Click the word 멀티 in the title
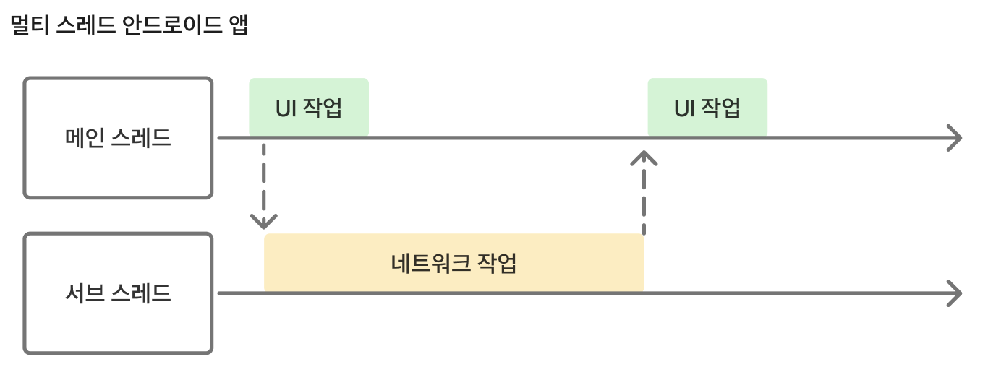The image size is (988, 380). pos(27,27)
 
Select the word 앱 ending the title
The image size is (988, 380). pos(238,27)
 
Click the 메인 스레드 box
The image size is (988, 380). pos(118,137)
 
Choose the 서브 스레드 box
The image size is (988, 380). pos(118,293)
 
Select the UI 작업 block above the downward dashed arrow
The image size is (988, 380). pos(309,108)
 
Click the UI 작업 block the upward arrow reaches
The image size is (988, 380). pos(707,108)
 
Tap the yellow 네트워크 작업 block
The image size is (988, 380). pos(453,263)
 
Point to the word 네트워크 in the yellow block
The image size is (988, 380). pos(429,263)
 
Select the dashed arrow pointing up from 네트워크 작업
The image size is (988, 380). pos(643,191)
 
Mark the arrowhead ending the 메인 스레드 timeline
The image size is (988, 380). pos(954,137)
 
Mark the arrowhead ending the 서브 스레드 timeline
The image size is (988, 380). pos(954,293)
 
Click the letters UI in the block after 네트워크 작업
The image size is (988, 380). pos(684,109)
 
